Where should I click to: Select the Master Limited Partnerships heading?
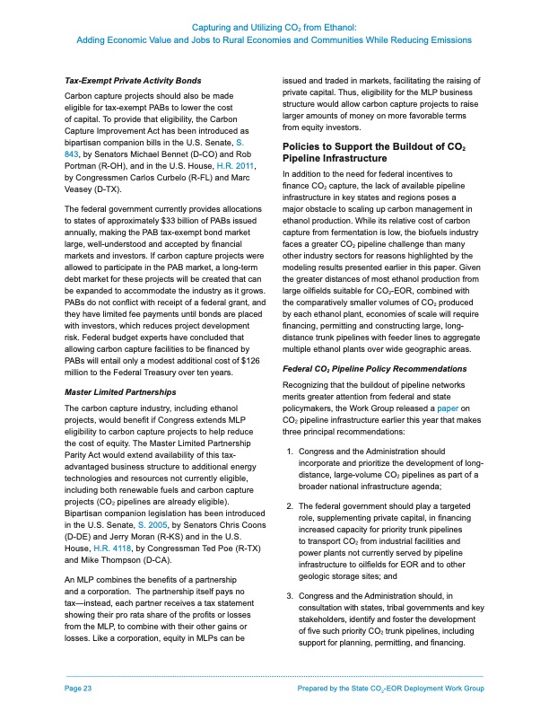[119, 392]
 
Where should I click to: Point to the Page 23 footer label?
[79, 688]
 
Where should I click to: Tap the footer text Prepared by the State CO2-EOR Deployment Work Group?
[395, 688]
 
